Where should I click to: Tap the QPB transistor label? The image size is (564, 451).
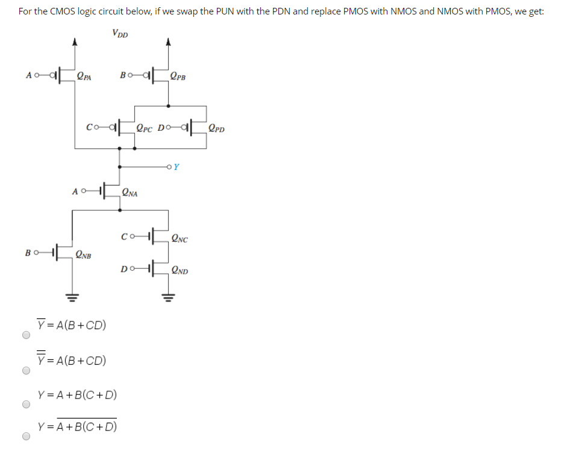[x=178, y=76]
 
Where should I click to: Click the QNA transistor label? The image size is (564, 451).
[x=130, y=193]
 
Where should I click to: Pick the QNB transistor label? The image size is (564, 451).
[x=84, y=255]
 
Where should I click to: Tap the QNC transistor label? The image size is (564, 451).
[x=180, y=239]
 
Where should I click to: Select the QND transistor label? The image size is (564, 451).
[x=180, y=271]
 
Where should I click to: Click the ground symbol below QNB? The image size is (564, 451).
[x=74, y=297]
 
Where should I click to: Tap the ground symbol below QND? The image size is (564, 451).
[x=167, y=297]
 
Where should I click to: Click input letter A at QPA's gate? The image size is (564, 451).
[x=29, y=76]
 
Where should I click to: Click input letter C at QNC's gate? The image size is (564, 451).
[x=124, y=236]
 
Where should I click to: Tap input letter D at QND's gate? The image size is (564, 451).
[x=124, y=269]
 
